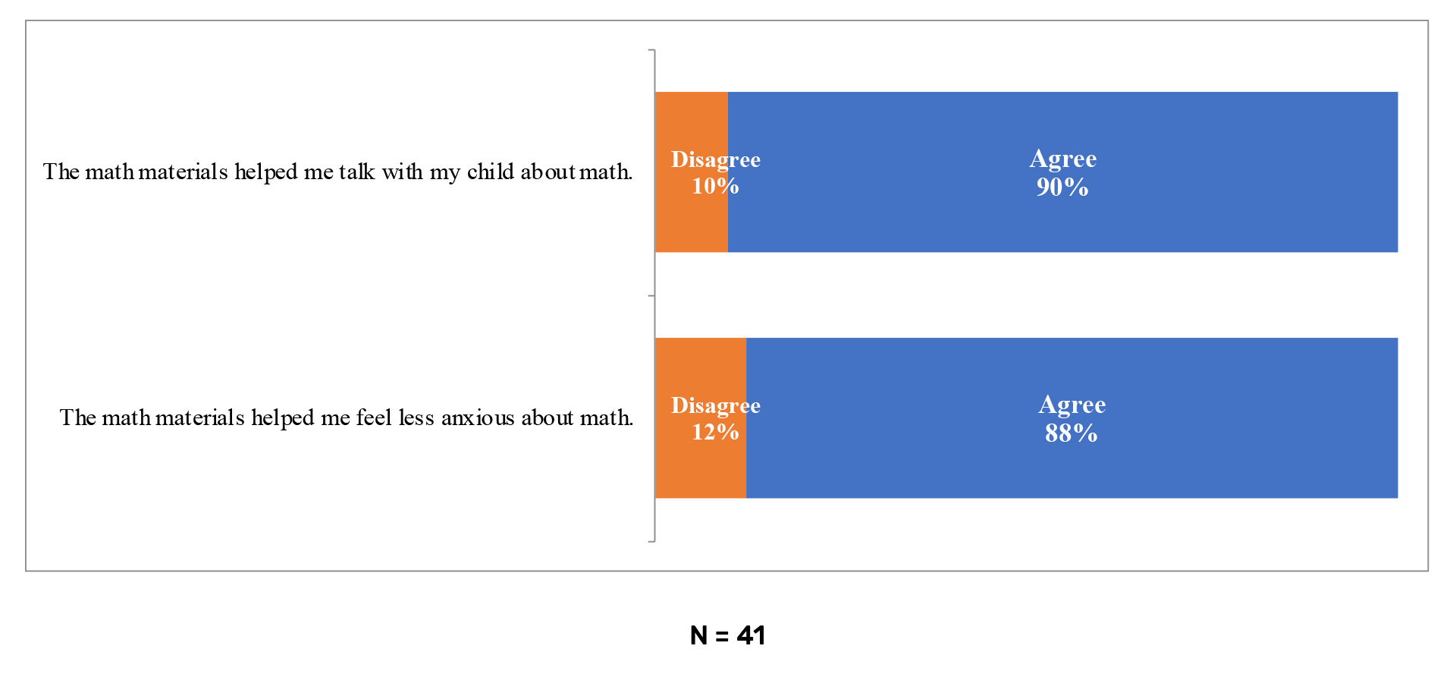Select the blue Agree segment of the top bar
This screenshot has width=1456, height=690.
[x=1062, y=220]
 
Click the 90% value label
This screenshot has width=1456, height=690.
[x=1062, y=187]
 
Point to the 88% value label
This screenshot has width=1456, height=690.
[x=1071, y=433]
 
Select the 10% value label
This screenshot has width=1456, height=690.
[x=714, y=186]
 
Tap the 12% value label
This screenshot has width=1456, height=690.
[x=714, y=432]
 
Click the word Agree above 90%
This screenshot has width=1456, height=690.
[x=1062, y=159]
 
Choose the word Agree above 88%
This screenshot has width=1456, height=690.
[x=1072, y=405]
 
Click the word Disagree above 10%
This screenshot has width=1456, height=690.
[x=715, y=159]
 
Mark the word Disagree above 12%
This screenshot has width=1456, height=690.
[x=715, y=405]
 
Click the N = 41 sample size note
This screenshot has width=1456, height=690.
[x=727, y=635]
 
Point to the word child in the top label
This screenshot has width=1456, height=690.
[x=491, y=172]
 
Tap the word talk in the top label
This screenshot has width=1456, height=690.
[x=356, y=172]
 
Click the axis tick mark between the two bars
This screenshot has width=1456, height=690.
[x=651, y=295]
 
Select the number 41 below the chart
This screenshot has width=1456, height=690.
[x=751, y=635]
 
